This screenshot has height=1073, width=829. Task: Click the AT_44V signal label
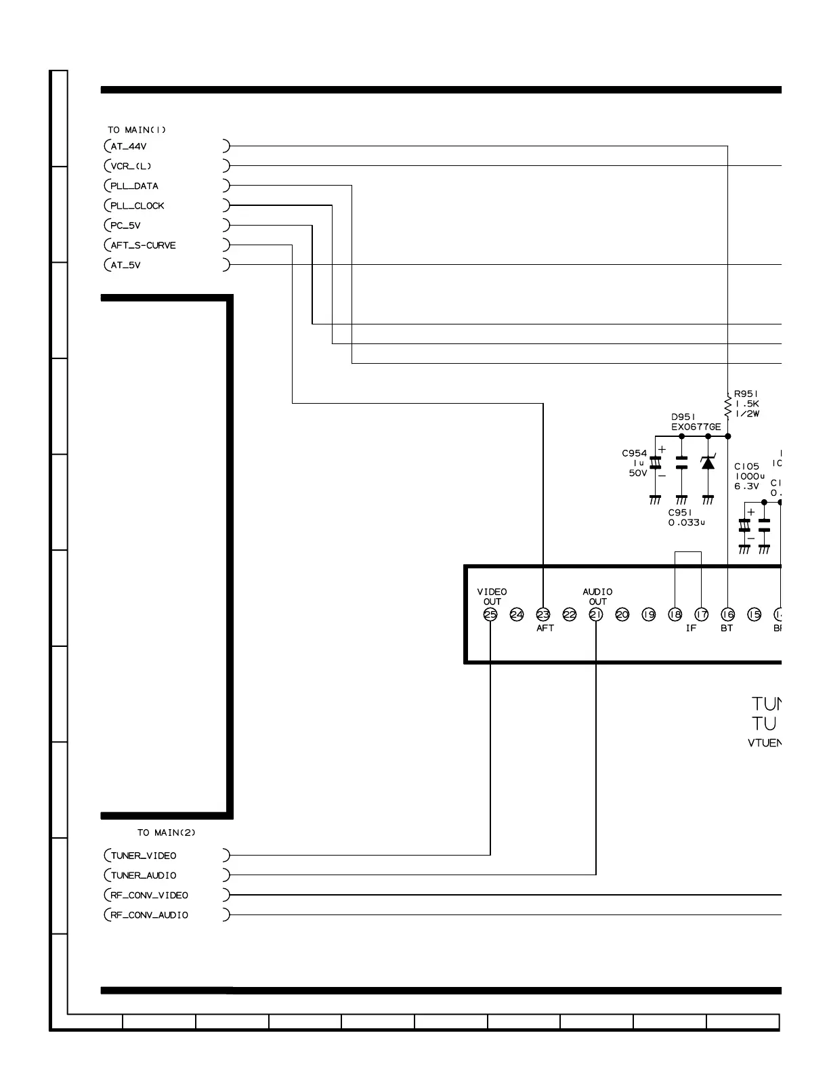pyautogui.click(x=129, y=146)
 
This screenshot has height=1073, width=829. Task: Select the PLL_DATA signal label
pyautogui.click(x=134, y=186)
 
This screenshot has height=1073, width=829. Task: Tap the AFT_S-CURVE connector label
pyautogui.click(x=143, y=245)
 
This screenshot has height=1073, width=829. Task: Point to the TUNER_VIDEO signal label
pyautogui.click(x=144, y=856)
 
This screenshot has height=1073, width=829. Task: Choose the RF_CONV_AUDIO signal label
pyautogui.click(x=149, y=915)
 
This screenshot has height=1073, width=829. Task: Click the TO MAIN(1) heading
pyautogui.click(x=137, y=130)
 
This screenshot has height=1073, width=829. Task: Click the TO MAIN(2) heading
pyautogui.click(x=167, y=833)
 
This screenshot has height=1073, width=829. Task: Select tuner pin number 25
pyautogui.click(x=490, y=614)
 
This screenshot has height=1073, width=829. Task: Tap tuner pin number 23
pyautogui.click(x=543, y=614)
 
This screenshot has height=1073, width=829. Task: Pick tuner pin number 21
pyautogui.click(x=596, y=614)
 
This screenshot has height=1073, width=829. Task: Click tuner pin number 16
pyautogui.click(x=727, y=614)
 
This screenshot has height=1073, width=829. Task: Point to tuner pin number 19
pyautogui.click(x=649, y=614)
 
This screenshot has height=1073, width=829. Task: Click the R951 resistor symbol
pyautogui.click(x=728, y=408)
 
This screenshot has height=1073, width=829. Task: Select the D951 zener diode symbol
pyautogui.click(x=708, y=463)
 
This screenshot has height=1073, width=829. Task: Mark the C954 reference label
pyautogui.click(x=635, y=453)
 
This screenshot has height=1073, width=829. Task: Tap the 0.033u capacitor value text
pyautogui.click(x=687, y=523)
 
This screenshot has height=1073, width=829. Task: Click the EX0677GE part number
pyautogui.click(x=696, y=427)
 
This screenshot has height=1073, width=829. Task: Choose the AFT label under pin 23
pyautogui.click(x=545, y=629)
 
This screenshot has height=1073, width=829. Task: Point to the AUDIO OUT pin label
pyautogui.click(x=597, y=597)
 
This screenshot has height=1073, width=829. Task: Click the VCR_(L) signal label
pyautogui.click(x=131, y=167)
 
